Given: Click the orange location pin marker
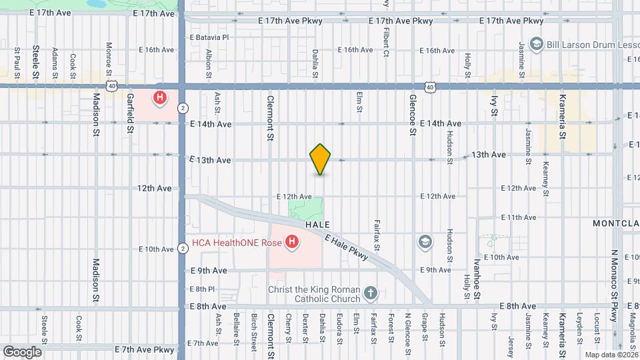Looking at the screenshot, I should (x=321, y=159).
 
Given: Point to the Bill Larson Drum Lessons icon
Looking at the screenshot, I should (x=535, y=44).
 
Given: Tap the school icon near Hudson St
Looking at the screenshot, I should (x=425, y=241).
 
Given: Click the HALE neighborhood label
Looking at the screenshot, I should (x=319, y=226).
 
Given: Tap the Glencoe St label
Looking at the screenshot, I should (x=413, y=115).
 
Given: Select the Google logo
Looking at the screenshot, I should (x=22, y=351).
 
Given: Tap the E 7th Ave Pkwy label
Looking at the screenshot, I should (x=144, y=349).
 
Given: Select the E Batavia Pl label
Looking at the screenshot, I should (x=209, y=37).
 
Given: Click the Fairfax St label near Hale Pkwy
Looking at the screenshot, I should (x=377, y=236).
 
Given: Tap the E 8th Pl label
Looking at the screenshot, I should (x=202, y=289).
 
